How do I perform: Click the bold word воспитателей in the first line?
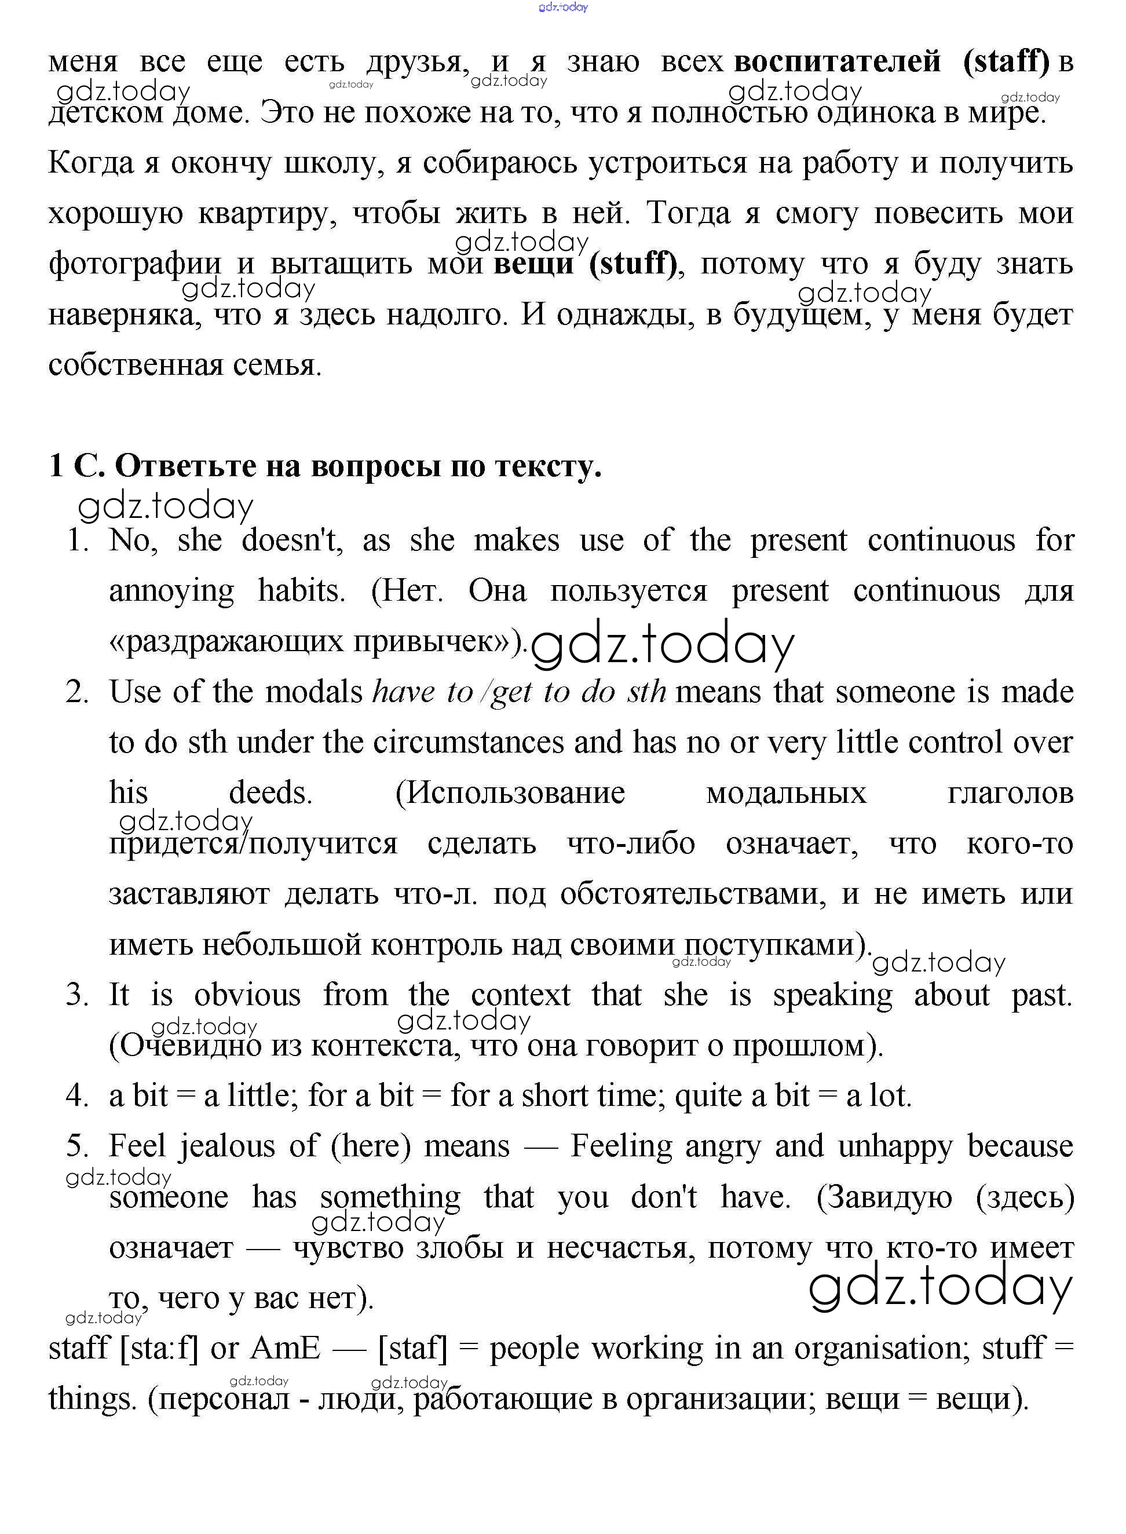point(837,62)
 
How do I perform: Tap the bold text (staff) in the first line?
point(1007,62)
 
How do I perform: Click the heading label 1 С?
point(76,466)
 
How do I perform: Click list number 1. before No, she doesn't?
point(78,540)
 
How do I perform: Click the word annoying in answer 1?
point(171,591)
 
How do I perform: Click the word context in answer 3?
point(520,995)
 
